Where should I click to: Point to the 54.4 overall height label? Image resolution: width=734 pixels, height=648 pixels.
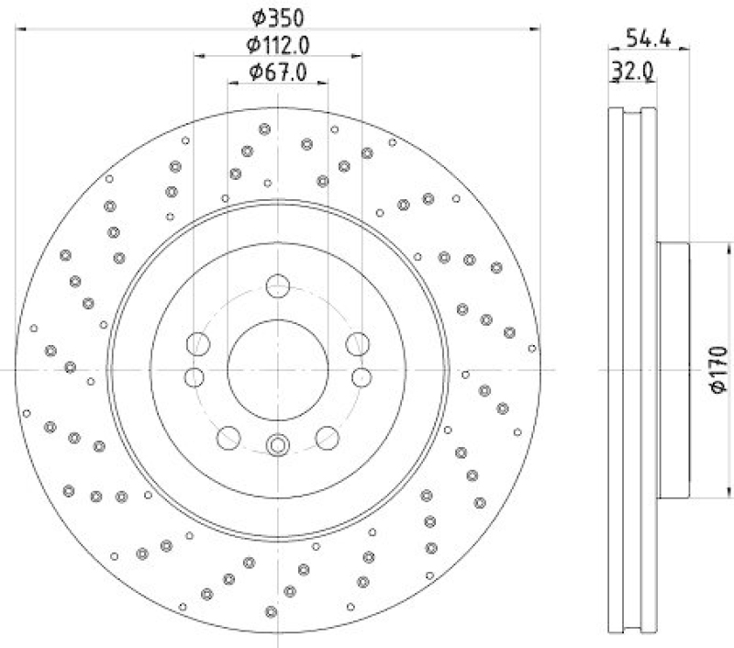click(646, 38)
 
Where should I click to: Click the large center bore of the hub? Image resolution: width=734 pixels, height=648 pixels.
click(277, 369)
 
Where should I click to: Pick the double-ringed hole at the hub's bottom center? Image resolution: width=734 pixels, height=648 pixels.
click(277, 446)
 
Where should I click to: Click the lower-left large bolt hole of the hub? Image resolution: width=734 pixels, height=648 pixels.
click(228, 437)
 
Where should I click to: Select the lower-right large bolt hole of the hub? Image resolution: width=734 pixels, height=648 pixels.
click(327, 437)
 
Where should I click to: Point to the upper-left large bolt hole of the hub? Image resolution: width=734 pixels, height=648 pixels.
click(197, 345)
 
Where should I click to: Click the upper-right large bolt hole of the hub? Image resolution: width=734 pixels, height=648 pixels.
click(357, 345)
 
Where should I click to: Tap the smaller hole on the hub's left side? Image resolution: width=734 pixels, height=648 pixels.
click(194, 376)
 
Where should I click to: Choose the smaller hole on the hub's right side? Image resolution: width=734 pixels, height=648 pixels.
click(361, 376)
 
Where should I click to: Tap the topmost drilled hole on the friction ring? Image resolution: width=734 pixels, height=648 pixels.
click(265, 129)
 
